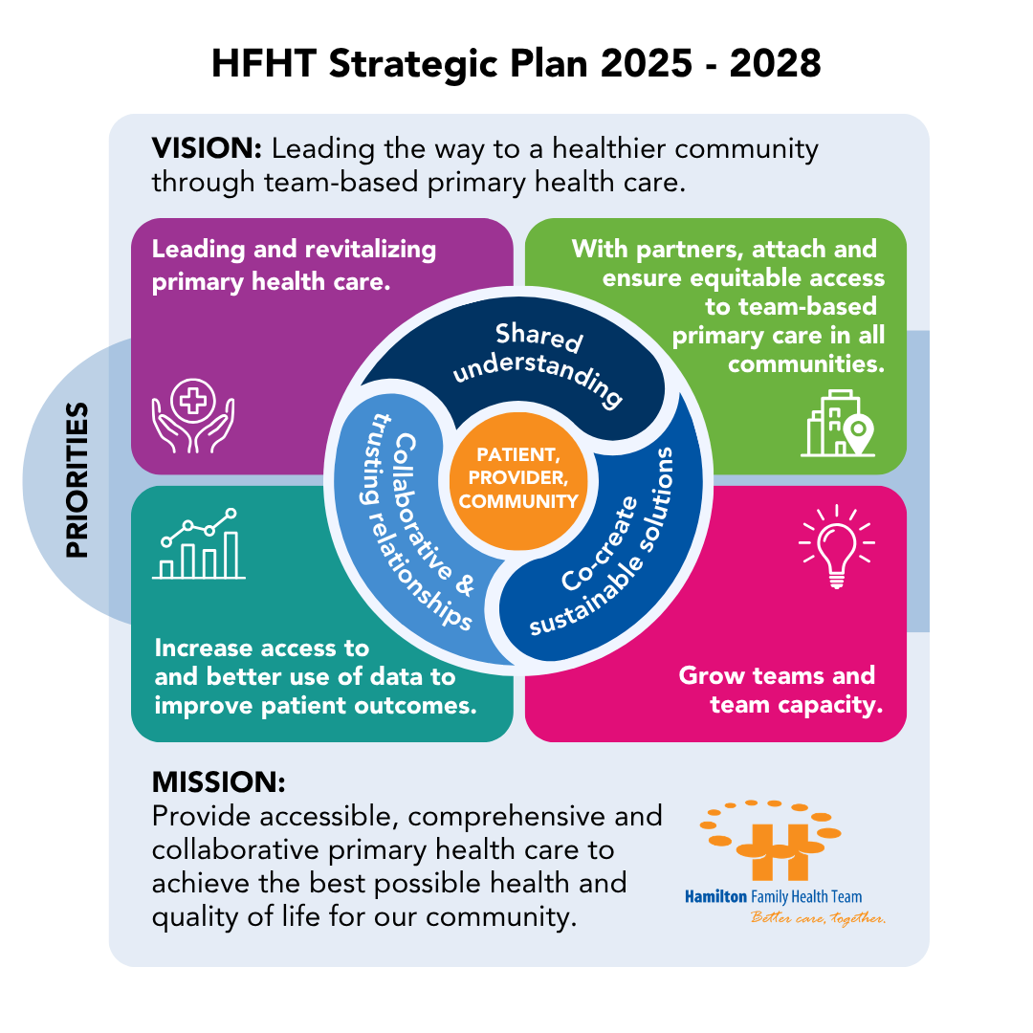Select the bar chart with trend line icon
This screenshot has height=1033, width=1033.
tap(199, 543)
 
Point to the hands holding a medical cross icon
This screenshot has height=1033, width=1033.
tap(193, 416)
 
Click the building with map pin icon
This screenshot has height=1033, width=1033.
tap(838, 423)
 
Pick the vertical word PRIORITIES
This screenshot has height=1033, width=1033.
tap(77, 480)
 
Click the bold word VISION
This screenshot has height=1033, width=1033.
tap(207, 148)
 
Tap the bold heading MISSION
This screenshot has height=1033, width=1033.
tap(219, 782)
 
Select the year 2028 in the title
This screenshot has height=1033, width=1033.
tap(776, 64)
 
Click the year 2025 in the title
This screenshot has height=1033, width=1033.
tap(647, 64)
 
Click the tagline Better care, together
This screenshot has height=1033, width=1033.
tap(818, 917)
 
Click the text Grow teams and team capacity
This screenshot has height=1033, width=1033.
tap(780, 690)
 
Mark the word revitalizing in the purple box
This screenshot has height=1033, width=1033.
tap(370, 250)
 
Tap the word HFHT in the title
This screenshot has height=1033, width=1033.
tap(264, 64)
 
